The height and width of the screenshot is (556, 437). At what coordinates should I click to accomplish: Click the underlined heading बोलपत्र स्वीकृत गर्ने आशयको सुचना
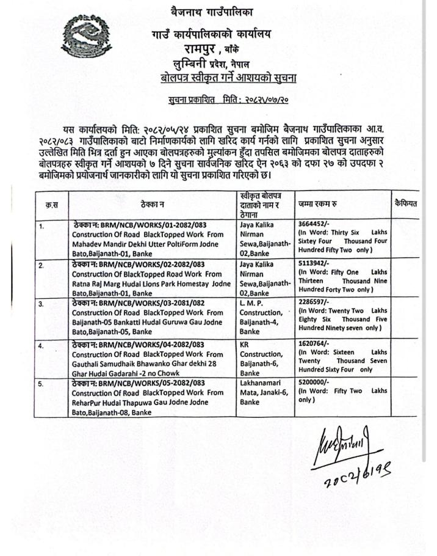(224, 78)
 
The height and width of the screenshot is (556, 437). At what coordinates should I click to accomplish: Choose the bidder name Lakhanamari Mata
(261, 389)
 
